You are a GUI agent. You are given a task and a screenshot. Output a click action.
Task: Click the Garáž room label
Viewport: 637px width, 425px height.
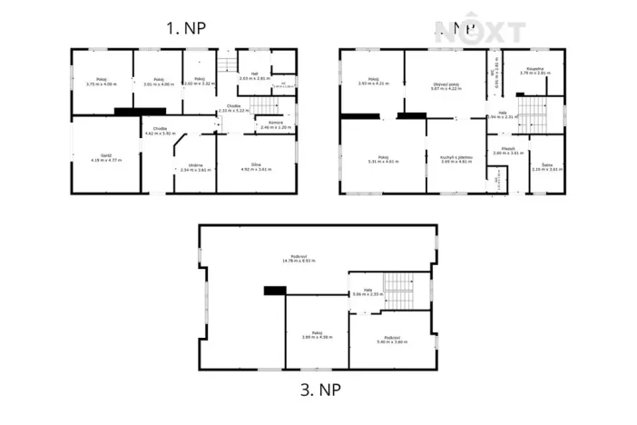tap(105, 157)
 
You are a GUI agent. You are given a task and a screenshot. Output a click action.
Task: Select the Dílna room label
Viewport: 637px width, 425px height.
tap(256, 166)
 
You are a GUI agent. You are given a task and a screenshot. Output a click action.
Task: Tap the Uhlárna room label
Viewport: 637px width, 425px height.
tap(195, 167)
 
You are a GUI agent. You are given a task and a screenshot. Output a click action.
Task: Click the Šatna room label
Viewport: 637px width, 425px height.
tap(544, 166)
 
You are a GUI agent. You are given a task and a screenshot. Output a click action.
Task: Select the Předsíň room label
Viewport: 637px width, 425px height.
tap(507, 151)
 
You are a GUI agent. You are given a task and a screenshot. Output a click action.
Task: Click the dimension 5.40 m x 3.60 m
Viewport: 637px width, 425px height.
tap(391, 342)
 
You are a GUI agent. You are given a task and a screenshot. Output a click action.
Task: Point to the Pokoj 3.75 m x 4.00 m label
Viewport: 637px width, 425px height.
tap(102, 83)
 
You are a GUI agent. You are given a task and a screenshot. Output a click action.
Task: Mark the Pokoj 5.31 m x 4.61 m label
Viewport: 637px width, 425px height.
tap(384, 160)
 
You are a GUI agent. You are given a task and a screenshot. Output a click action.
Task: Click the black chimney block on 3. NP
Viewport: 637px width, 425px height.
tap(274, 291)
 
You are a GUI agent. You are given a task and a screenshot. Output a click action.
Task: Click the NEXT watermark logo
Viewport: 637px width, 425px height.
tap(479, 32)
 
